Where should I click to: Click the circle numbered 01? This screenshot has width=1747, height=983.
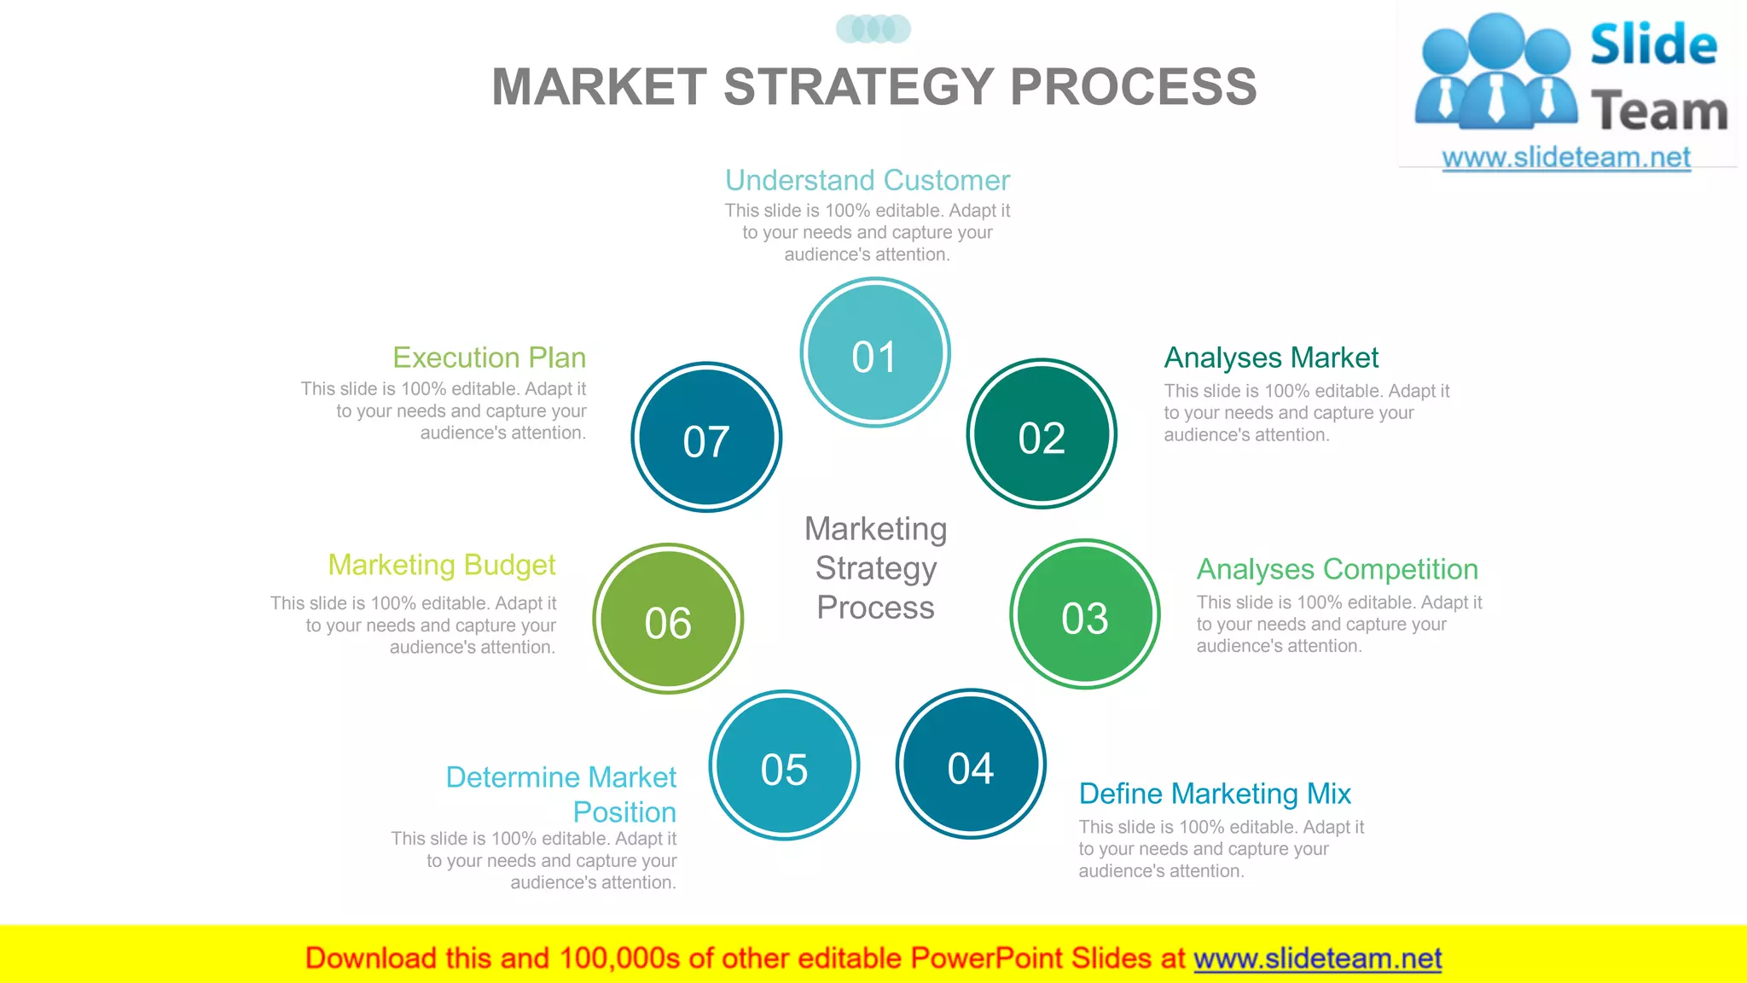click(x=875, y=352)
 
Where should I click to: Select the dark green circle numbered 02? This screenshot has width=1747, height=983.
click(x=1042, y=434)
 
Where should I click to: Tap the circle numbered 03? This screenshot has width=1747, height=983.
click(x=1084, y=614)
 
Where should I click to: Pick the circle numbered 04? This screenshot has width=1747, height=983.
click(x=971, y=765)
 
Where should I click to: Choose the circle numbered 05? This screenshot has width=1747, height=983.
click(x=784, y=765)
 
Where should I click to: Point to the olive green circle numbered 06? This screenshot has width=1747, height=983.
click(x=668, y=619)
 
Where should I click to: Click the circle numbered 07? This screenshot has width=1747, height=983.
click(x=706, y=438)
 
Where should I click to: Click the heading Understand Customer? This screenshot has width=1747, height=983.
click(x=868, y=180)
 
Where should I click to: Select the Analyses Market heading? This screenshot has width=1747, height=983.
click(x=1271, y=358)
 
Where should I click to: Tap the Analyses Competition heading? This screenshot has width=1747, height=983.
click(x=1337, y=569)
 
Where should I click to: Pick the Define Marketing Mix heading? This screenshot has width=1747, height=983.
click(x=1215, y=794)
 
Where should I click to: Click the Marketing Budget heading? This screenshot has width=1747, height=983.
click(x=442, y=565)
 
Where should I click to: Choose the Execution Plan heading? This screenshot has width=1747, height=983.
click(x=490, y=358)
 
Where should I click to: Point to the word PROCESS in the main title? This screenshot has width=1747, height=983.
click(x=1134, y=87)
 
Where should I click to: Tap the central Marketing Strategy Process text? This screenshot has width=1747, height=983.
click(x=876, y=568)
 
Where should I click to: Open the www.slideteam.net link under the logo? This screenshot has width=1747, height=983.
click(x=1566, y=158)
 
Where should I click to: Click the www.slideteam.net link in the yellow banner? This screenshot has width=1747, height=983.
click(x=1317, y=959)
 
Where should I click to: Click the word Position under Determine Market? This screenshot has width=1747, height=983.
click(x=624, y=812)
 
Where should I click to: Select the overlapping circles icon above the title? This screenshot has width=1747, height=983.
click(x=873, y=29)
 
